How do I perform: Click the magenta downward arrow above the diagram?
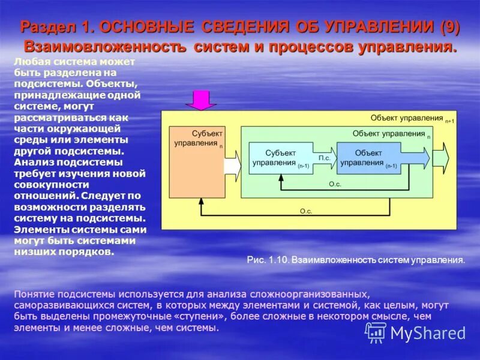[201, 100]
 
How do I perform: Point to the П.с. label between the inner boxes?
[325, 158]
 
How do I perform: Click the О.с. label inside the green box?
[335, 184]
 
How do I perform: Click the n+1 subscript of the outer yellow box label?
[449, 121]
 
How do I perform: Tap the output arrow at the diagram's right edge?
[449, 158]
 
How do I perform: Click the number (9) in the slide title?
[449, 27]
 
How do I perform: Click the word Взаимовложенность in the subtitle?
[100, 47]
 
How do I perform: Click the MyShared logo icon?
[376, 332]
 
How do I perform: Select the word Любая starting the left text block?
[28, 62]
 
